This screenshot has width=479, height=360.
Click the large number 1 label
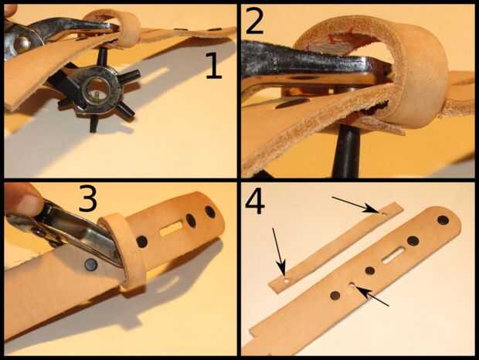click(x=213, y=66)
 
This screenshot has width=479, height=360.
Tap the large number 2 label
click(x=254, y=20)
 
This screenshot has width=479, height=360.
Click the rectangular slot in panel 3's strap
click(x=172, y=229)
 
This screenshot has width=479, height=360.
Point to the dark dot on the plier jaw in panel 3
click(x=90, y=263)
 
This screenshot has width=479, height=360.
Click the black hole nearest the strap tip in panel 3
click(x=210, y=212)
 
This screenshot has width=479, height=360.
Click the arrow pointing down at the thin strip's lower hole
click(x=279, y=250)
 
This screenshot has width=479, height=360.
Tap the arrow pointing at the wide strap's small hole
click(x=372, y=296)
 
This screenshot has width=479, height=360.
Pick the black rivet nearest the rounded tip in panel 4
click(x=443, y=219)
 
